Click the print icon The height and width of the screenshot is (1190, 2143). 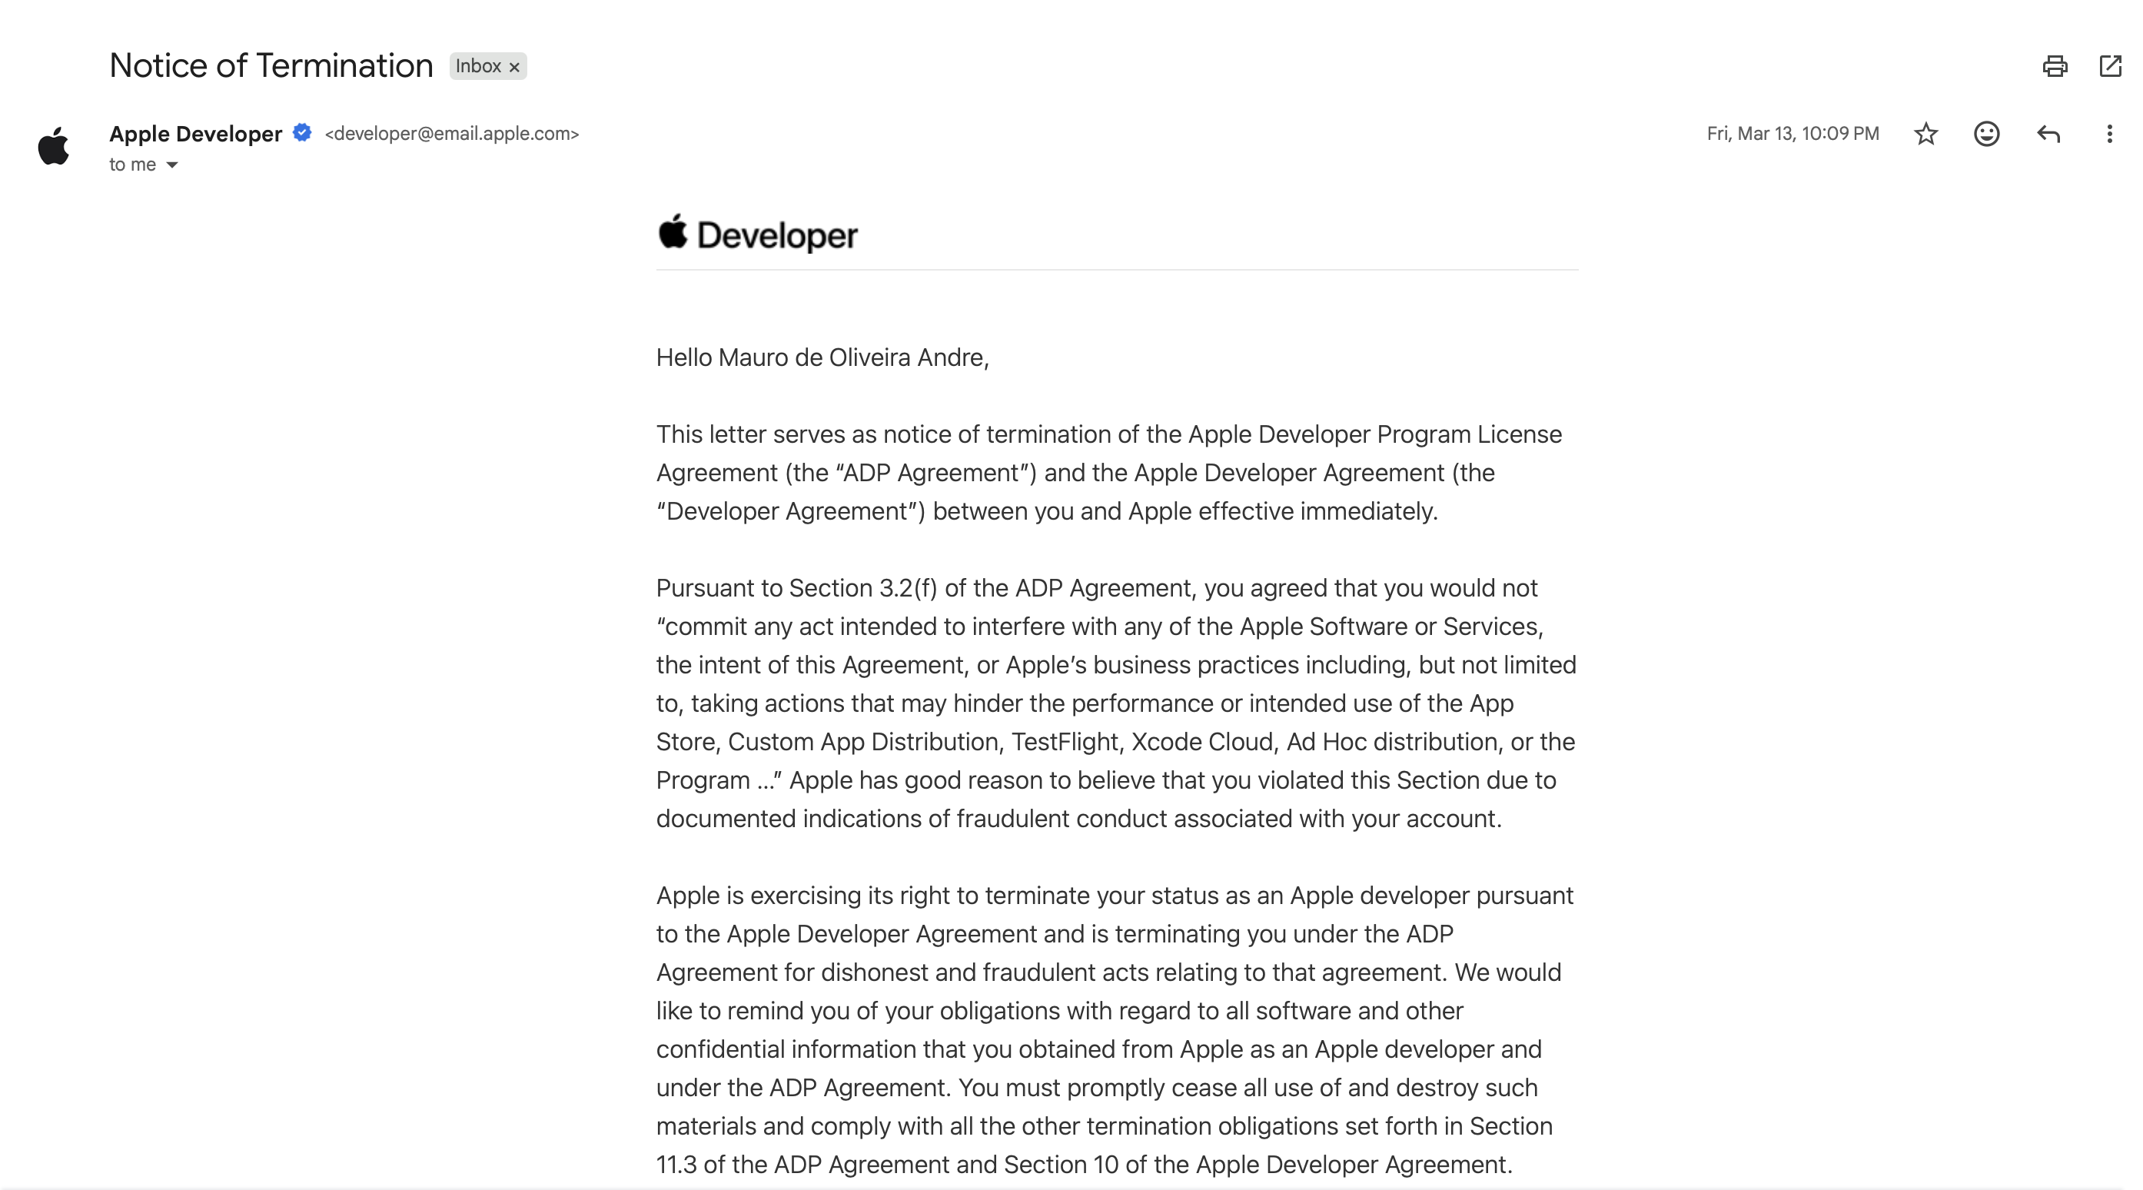[2055, 67]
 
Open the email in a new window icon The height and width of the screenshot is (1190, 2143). [2111, 67]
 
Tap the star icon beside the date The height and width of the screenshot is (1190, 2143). [1926, 134]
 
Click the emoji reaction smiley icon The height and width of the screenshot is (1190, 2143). [1987, 134]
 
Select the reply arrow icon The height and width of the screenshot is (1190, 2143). [2048, 134]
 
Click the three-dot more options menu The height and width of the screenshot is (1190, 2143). [2109, 134]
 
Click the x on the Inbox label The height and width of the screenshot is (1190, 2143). [514, 68]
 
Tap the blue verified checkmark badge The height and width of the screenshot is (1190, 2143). [302, 132]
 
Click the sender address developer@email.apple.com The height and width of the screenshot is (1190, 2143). [452, 134]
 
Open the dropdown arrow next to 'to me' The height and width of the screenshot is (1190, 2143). [172, 165]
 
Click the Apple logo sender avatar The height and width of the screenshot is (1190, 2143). [54, 147]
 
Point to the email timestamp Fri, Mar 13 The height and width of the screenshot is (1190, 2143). [1792, 134]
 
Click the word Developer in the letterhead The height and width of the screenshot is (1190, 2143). [777, 236]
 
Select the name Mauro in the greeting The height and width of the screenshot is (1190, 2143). [753, 357]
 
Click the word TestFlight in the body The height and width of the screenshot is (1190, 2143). [1064, 742]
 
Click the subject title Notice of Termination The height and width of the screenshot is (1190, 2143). [271, 66]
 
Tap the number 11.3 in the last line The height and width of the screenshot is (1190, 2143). [676, 1164]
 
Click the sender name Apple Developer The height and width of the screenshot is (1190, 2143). [195, 134]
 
